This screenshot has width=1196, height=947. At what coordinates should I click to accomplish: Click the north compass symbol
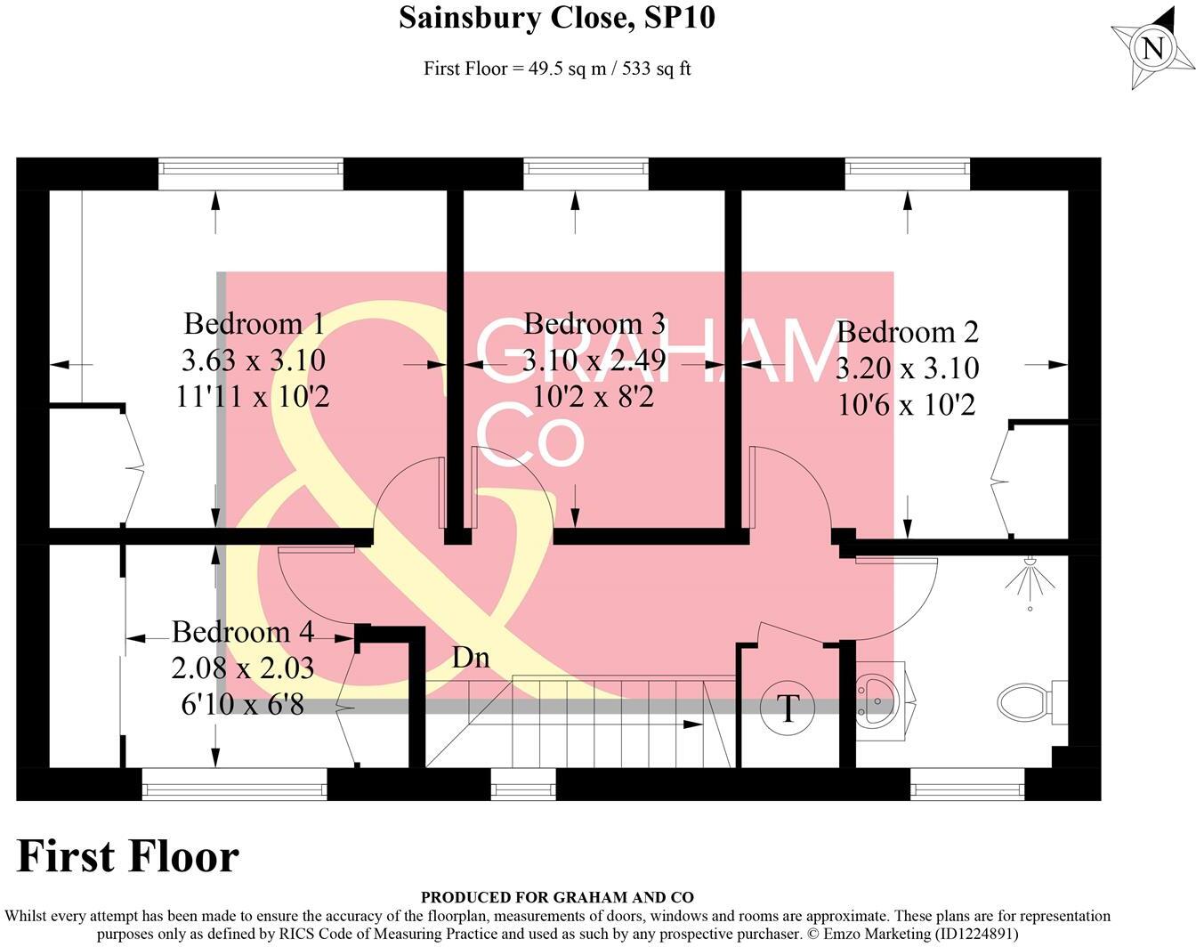click(x=1152, y=47)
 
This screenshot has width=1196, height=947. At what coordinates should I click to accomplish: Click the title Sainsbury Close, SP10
click(x=556, y=18)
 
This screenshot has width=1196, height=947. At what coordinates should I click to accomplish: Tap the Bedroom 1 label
click(x=254, y=323)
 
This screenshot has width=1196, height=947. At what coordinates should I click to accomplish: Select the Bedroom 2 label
click(x=907, y=332)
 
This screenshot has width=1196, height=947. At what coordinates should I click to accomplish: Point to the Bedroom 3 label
click(x=594, y=323)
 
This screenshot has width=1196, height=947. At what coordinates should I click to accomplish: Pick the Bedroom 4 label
click(x=242, y=632)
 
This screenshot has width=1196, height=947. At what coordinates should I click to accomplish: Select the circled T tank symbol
click(x=788, y=708)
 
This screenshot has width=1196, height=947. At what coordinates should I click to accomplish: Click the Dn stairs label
click(x=471, y=658)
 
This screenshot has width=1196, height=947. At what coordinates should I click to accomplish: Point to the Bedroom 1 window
click(x=250, y=174)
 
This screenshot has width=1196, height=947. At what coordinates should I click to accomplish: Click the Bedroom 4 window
click(x=235, y=784)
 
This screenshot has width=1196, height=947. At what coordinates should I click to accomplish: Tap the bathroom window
click(x=967, y=784)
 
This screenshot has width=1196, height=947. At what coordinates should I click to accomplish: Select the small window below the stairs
click(x=523, y=784)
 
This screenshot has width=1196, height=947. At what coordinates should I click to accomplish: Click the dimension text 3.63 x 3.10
click(x=254, y=360)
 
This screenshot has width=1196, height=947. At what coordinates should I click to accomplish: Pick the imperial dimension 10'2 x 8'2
click(x=594, y=396)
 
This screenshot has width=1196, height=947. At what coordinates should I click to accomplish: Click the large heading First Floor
click(x=128, y=856)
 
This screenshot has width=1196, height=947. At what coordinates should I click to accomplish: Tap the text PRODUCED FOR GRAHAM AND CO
click(x=557, y=897)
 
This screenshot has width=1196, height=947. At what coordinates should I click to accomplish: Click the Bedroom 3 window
click(x=586, y=174)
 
